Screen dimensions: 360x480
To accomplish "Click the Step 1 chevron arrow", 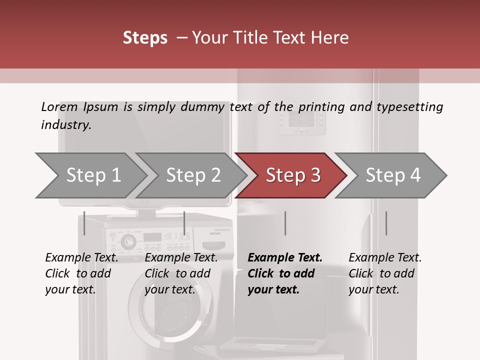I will (93, 175).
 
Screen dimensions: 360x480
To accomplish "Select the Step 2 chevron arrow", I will (193, 175).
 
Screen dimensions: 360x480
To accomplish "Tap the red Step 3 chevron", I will (293, 175).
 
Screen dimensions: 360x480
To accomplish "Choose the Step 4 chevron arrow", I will (393, 175).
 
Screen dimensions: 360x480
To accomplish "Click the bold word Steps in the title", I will (145, 37).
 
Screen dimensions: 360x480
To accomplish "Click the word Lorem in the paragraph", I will (59, 106).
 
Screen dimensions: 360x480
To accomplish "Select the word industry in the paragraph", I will (66, 124).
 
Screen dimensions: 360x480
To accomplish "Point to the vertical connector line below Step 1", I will (84, 223).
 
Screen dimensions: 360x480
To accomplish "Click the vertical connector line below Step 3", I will (285, 223).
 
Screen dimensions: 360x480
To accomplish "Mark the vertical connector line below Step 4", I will (386, 223).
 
